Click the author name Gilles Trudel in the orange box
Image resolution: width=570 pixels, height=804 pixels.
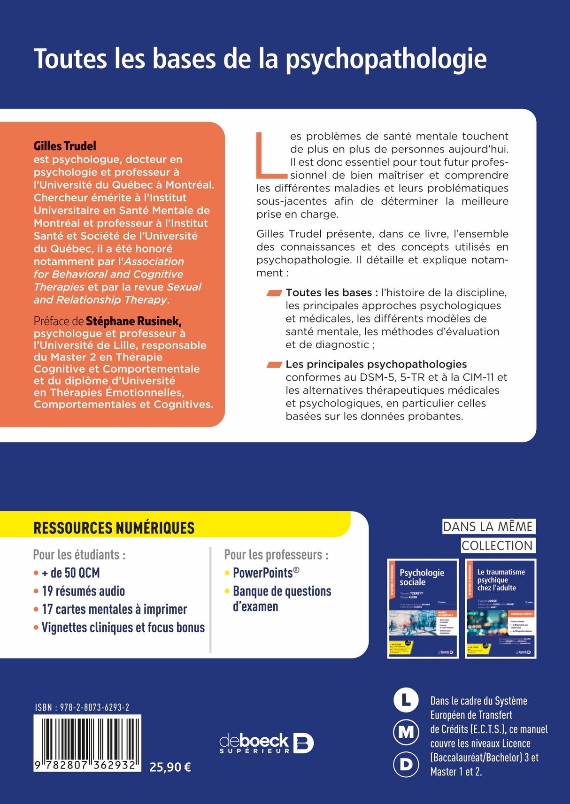(65, 146)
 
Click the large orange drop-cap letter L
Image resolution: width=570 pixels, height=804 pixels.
(271, 155)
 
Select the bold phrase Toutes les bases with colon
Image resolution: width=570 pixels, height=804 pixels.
(331, 293)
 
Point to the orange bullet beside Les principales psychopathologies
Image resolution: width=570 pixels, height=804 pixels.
(274, 365)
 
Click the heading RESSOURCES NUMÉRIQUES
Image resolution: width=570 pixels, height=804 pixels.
(114, 528)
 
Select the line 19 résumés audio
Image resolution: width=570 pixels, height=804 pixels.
(83, 591)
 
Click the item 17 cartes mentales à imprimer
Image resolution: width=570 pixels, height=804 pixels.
(114, 609)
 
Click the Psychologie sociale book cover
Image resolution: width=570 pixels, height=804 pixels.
(423, 608)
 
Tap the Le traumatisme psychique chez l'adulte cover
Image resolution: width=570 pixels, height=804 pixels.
(501, 608)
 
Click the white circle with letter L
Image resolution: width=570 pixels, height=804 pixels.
(406, 701)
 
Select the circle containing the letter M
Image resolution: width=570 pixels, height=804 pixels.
(406, 733)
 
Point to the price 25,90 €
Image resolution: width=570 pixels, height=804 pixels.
(170, 767)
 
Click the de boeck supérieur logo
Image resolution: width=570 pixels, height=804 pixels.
(266, 743)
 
